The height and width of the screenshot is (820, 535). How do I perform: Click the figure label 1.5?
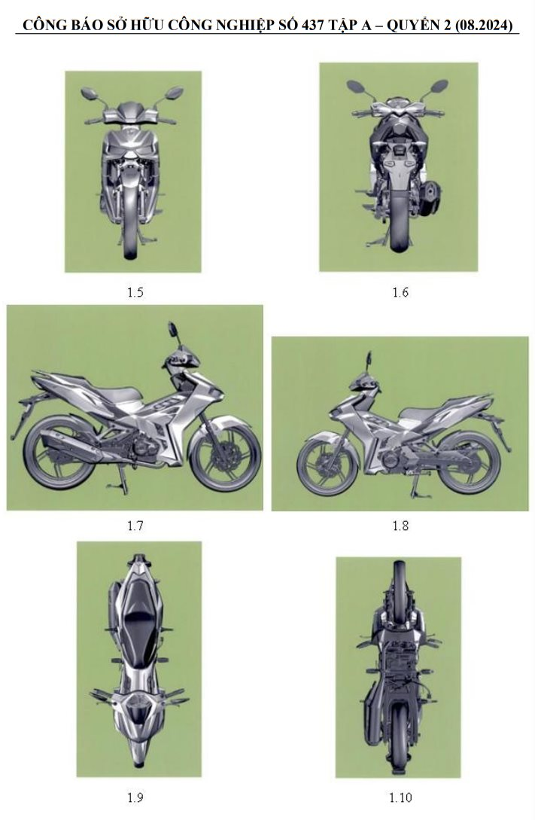(x=135, y=292)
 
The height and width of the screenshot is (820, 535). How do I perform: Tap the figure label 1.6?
(x=400, y=292)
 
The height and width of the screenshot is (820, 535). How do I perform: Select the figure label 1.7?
(x=135, y=526)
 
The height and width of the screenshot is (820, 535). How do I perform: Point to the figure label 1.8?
(x=400, y=526)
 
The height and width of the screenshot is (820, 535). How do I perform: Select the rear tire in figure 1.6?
(x=399, y=226)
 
